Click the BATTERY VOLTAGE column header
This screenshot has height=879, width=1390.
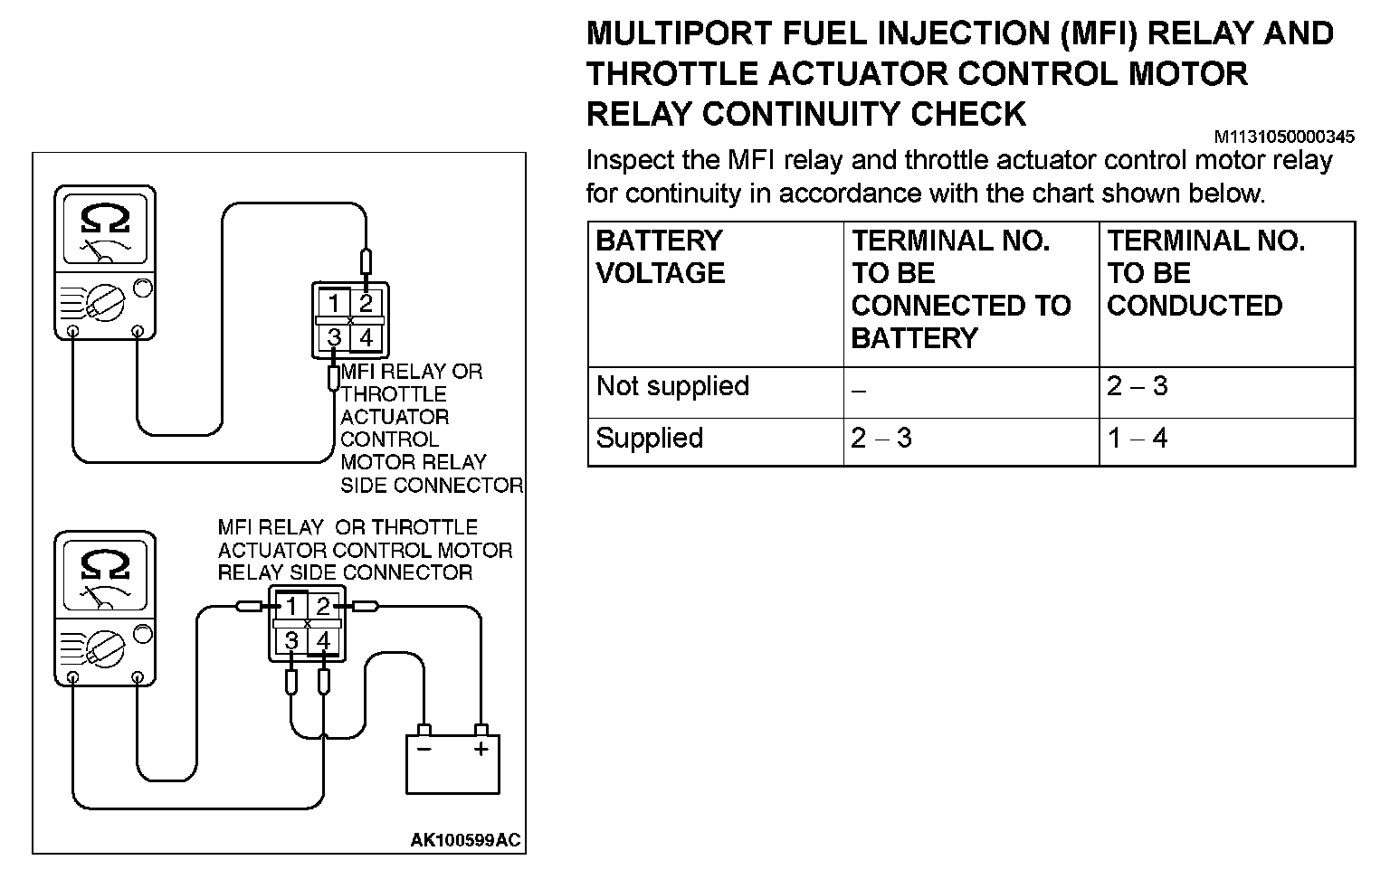click(x=660, y=257)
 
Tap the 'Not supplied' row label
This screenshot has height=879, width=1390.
click(x=672, y=386)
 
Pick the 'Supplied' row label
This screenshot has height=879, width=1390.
click(x=649, y=438)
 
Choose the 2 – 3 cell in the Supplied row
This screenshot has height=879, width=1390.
click(x=881, y=438)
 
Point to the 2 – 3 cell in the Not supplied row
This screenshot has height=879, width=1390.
click(x=1137, y=386)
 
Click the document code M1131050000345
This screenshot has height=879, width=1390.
click(x=1284, y=137)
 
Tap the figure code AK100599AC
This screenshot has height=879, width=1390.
click(x=465, y=840)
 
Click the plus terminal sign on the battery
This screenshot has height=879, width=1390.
click(x=481, y=749)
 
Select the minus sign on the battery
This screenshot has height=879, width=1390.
click(x=424, y=749)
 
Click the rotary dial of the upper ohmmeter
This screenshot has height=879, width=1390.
click(x=107, y=302)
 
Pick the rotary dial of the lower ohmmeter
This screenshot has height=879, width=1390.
click(x=107, y=647)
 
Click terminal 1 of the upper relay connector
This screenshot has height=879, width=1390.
click(x=334, y=302)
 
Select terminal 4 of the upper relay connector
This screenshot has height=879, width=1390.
click(x=366, y=337)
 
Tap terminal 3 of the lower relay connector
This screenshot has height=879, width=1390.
click(x=291, y=641)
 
